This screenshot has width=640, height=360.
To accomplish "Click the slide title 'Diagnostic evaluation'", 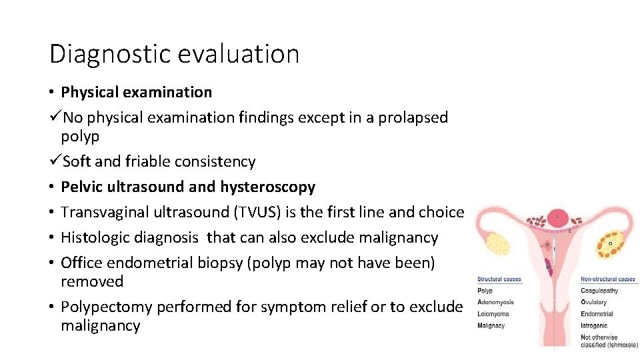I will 174,53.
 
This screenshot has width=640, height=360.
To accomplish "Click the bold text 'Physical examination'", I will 136,92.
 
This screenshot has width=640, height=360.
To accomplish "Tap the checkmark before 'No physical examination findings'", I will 55,117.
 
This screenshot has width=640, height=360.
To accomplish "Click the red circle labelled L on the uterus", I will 557,217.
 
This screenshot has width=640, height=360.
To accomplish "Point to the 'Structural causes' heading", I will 499,279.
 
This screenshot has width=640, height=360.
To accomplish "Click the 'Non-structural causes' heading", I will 607,279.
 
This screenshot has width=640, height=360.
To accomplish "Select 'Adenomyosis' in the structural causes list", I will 495,302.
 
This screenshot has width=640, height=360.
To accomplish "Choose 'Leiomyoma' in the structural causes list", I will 493,313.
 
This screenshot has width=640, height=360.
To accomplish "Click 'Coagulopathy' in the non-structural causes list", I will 599,291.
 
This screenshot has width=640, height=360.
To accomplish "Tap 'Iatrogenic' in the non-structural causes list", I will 593,325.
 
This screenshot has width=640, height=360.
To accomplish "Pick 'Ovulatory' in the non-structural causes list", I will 593,302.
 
